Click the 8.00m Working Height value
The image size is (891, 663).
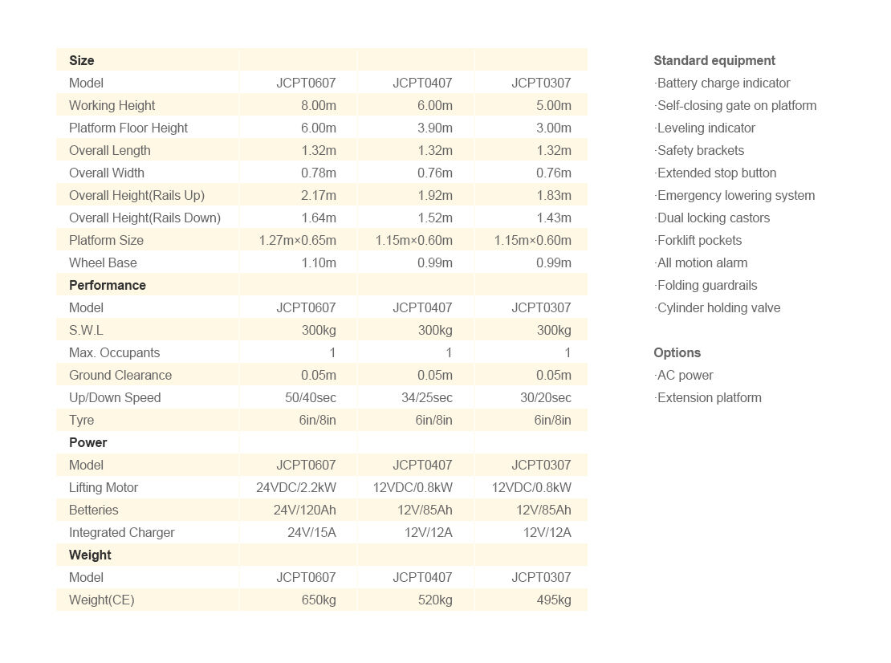pos(318,105)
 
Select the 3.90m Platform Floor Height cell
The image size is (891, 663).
pos(434,128)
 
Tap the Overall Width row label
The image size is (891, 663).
pos(107,173)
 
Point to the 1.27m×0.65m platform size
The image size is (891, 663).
pos(297,240)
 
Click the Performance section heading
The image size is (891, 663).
pos(108,285)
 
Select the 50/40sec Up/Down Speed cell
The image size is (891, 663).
pos(310,397)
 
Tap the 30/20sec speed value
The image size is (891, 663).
pos(545,397)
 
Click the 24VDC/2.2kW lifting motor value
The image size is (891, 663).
pos(295,487)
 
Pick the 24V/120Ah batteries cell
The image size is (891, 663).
pos(304,510)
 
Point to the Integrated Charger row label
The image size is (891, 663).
pos(121,532)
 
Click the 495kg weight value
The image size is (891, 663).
pos(554,600)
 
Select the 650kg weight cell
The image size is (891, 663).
pos(319,600)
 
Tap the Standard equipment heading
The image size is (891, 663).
pos(714,60)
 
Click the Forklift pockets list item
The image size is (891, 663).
pos(699,240)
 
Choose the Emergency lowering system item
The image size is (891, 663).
pos(735,195)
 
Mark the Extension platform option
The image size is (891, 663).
pos(709,397)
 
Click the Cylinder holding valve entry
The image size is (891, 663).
pos(718,307)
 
